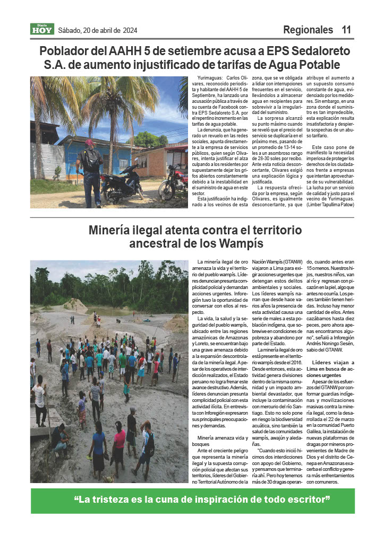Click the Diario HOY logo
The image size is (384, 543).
(41, 30)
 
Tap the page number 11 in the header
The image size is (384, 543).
(346, 30)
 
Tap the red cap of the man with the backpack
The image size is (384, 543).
(89, 143)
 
